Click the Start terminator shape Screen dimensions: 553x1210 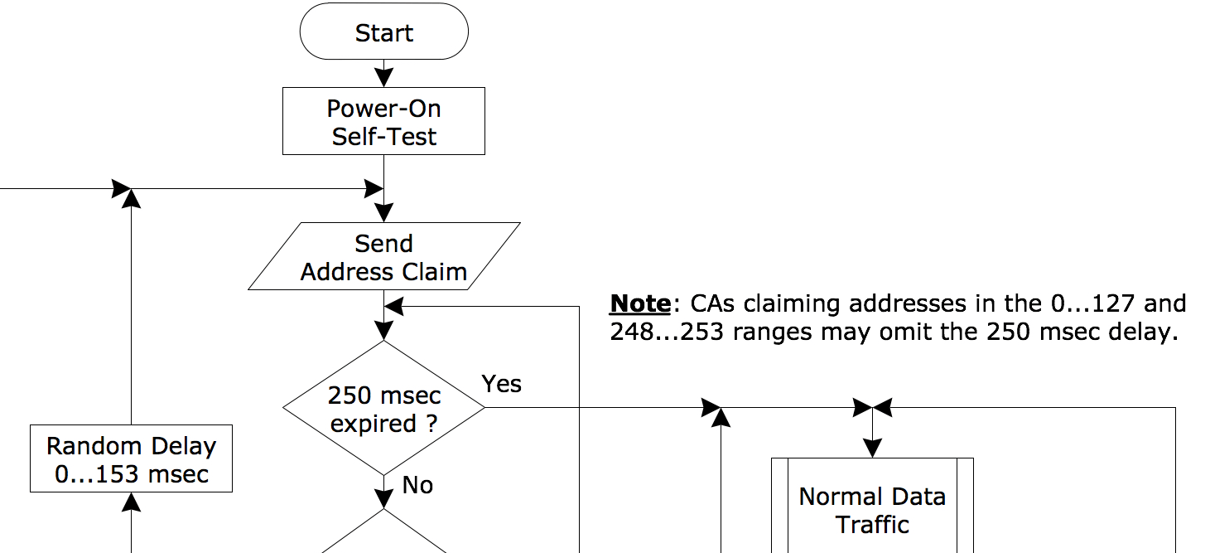(x=383, y=32)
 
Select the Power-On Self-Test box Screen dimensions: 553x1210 (x=383, y=122)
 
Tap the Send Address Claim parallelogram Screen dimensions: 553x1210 (x=383, y=257)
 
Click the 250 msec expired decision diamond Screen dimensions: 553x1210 (x=383, y=408)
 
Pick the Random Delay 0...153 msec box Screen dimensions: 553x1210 (x=131, y=459)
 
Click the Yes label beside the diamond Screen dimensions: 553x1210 (x=502, y=384)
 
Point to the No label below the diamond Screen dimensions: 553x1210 (x=417, y=485)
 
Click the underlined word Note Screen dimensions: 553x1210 (x=639, y=304)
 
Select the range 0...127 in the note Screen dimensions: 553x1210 (x=1090, y=304)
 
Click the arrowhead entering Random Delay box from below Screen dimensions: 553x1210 (x=131, y=501)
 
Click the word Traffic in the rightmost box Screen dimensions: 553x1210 (x=872, y=524)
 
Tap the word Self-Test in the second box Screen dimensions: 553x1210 (x=383, y=137)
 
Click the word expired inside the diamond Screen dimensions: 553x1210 (x=373, y=424)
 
